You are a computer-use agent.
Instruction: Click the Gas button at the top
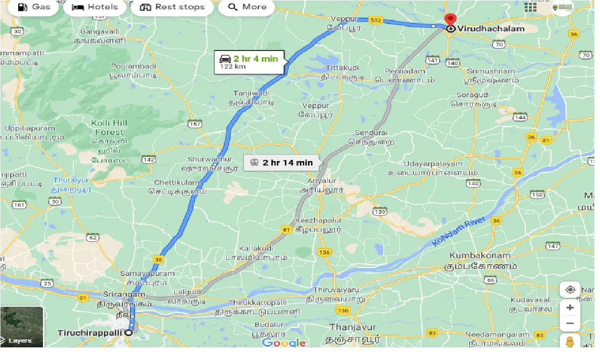tap(34, 7)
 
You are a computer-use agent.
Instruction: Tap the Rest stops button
tap(172, 7)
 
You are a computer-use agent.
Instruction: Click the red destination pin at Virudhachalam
tap(450, 20)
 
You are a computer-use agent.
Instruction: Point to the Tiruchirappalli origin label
tap(89, 333)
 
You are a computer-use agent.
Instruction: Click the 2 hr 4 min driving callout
tap(249, 62)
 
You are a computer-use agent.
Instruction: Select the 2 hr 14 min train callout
tap(281, 163)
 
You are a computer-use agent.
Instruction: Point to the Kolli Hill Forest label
tap(109, 128)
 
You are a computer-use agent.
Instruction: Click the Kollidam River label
tap(458, 232)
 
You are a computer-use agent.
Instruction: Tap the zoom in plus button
tap(570, 308)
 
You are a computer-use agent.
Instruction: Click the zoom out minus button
tap(570, 323)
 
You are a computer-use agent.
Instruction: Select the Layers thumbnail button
tap(21, 327)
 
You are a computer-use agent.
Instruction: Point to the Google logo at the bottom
tap(284, 343)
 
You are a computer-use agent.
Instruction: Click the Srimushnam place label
tap(491, 72)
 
